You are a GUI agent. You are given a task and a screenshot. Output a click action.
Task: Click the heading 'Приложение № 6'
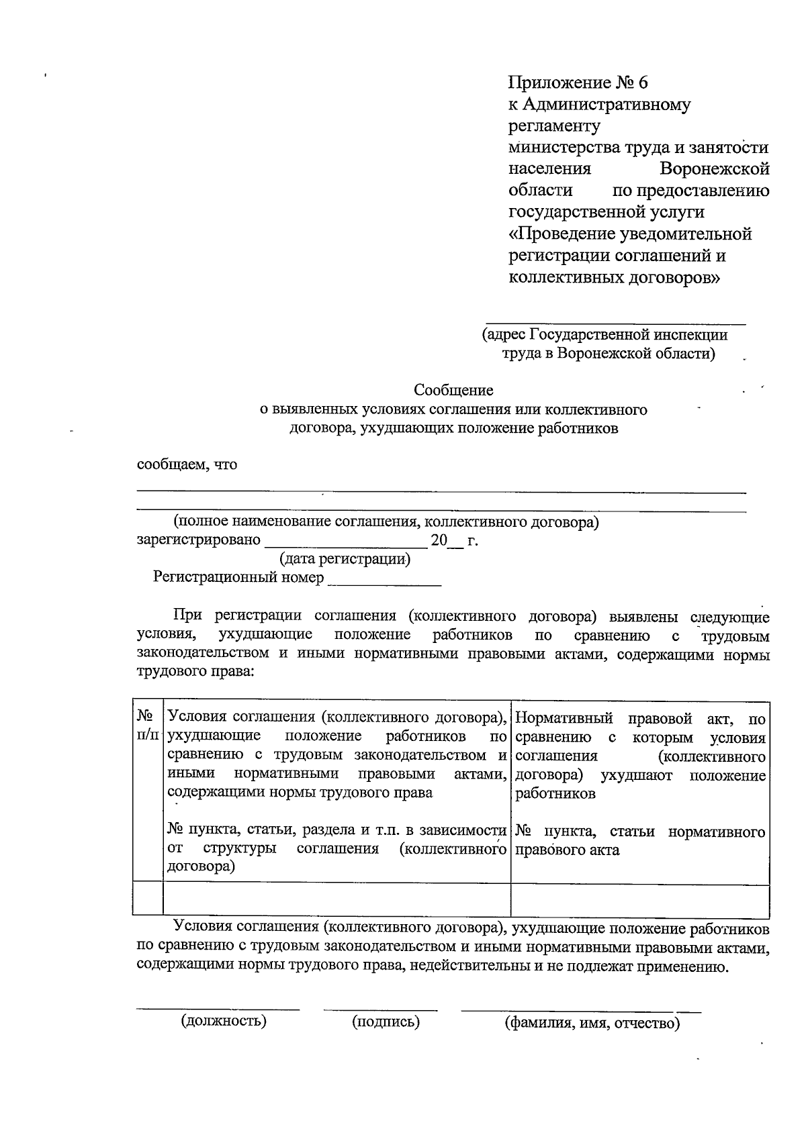(x=579, y=83)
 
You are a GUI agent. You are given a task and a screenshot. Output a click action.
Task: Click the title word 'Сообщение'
(x=453, y=390)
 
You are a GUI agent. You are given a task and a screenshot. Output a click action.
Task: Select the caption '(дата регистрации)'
(x=345, y=558)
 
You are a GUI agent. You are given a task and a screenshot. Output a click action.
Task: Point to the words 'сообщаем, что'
(x=187, y=464)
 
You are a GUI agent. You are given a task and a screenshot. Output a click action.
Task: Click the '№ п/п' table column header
(x=148, y=726)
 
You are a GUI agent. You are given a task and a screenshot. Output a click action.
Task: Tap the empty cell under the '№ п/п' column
(x=148, y=899)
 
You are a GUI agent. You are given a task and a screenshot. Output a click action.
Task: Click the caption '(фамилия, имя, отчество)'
(x=592, y=1024)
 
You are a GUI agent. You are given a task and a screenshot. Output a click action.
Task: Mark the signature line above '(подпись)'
(x=380, y=1009)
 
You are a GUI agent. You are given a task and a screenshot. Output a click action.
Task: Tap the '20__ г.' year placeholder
(x=454, y=541)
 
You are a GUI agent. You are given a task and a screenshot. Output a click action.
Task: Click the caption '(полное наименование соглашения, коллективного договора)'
(x=386, y=521)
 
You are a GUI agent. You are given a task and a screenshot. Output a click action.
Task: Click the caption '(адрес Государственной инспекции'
(x=604, y=334)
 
